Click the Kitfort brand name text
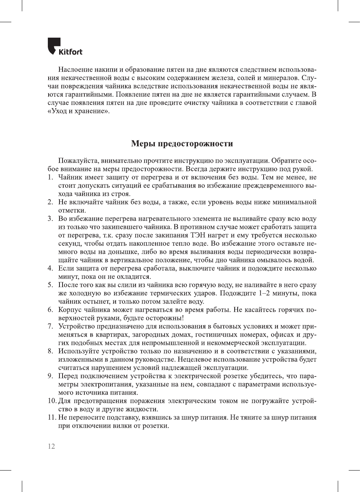click(x=70, y=52)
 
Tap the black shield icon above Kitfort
click(x=53, y=45)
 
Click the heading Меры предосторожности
click(x=182, y=143)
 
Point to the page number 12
click(x=51, y=446)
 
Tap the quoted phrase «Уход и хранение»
click(x=79, y=111)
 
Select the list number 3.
click(x=50, y=219)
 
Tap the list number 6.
click(x=50, y=310)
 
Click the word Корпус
click(x=70, y=310)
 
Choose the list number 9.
click(x=50, y=376)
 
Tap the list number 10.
click(x=52, y=401)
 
